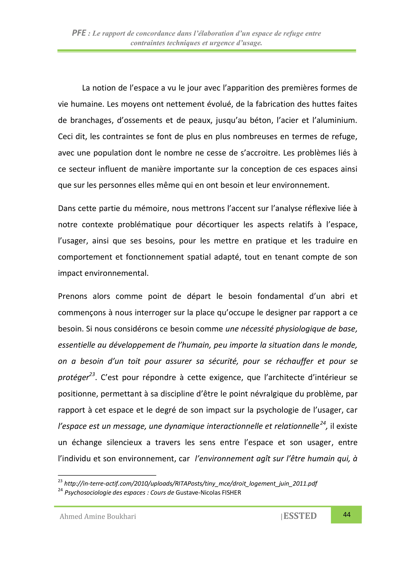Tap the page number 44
tap(347, 515)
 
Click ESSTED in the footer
tap(300, 516)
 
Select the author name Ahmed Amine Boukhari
tap(98, 517)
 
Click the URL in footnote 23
tap(191, 483)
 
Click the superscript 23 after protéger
tap(92, 374)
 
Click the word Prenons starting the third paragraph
tap(73, 296)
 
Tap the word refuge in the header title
tap(293, 33)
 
